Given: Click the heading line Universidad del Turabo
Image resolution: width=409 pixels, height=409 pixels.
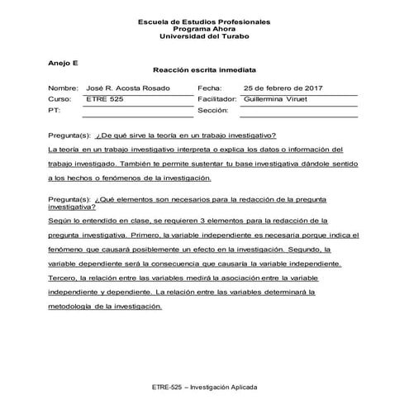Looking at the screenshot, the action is [203, 37].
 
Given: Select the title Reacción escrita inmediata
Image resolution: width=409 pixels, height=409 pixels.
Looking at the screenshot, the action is [204, 71].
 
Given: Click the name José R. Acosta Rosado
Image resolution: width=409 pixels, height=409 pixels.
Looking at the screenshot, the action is [128, 88].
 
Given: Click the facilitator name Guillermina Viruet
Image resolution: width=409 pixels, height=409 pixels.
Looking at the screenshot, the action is [281, 98].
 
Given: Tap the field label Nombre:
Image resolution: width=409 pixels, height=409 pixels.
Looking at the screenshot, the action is [63, 88].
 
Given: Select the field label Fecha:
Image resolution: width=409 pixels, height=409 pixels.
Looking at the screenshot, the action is [210, 88].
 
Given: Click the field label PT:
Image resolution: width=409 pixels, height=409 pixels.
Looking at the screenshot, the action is [55, 109].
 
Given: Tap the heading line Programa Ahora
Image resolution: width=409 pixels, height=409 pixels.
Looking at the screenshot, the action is [203, 29].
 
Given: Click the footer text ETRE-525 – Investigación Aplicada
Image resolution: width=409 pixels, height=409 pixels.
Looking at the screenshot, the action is [204, 387].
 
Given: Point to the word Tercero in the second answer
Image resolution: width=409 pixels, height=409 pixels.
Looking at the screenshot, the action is [63, 278].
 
